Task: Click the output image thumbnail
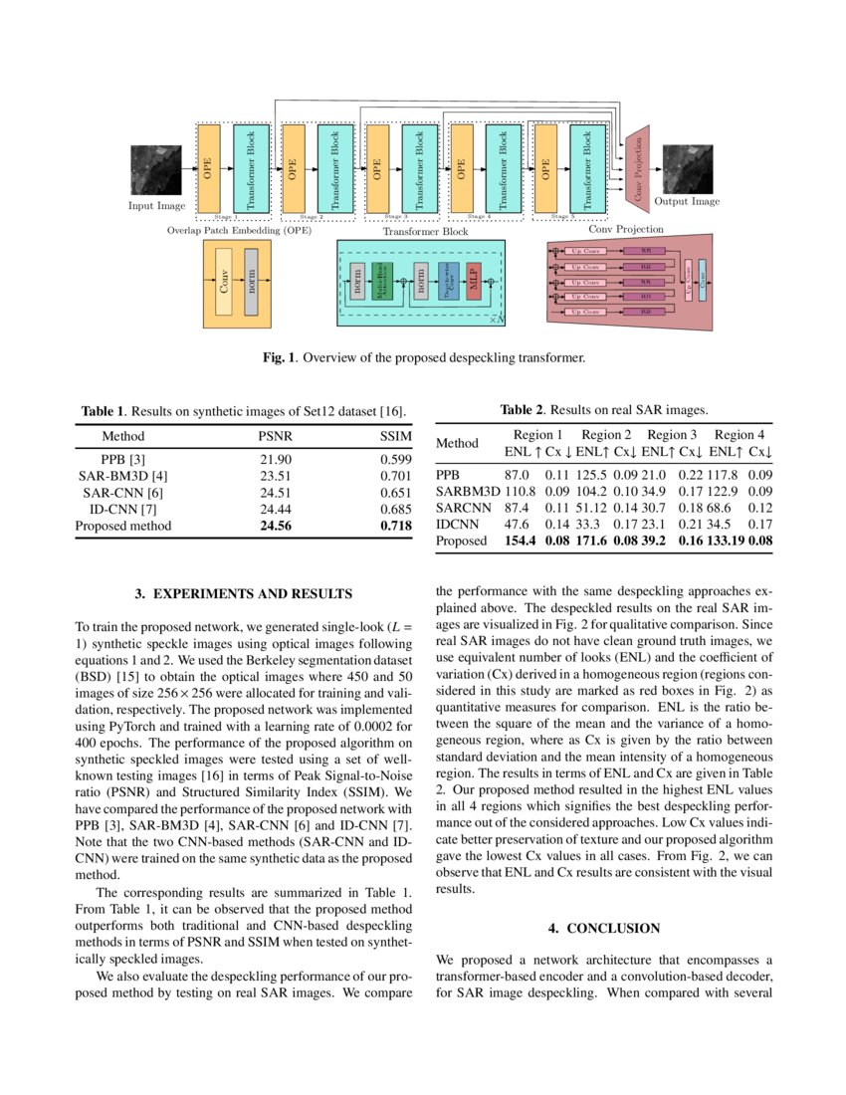coord(687,169)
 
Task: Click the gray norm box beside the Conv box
coord(251,282)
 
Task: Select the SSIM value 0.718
coord(395,526)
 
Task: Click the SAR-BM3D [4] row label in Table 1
coord(123,477)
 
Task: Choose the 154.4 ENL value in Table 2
coord(521,541)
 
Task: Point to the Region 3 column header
coord(672,435)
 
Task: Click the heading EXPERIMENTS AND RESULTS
coord(243,594)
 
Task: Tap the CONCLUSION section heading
coord(604,928)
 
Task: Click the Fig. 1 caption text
coord(423,355)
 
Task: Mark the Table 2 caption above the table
coord(603,409)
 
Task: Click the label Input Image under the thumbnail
coord(156,206)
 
